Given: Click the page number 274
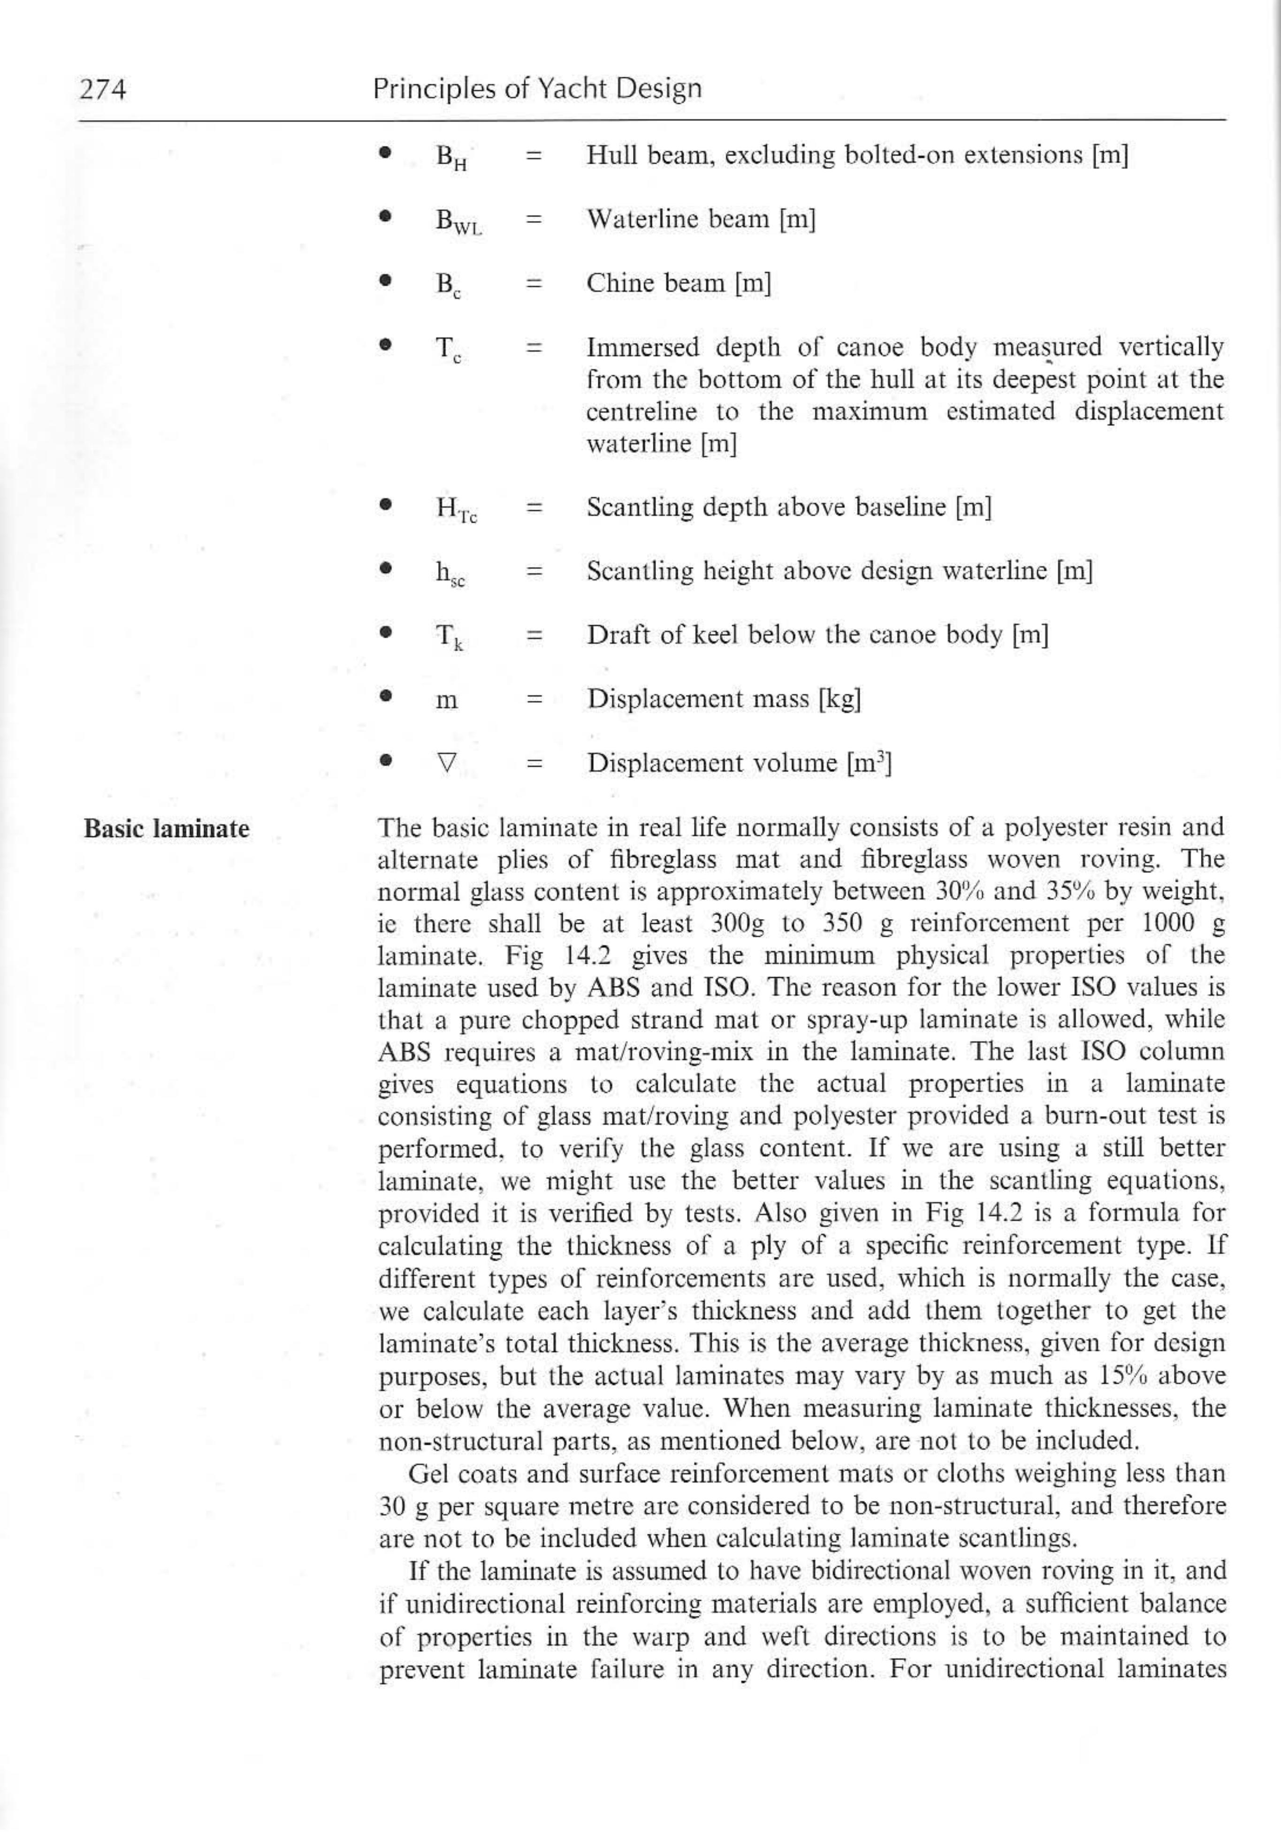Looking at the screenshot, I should pyautogui.click(x=103, y=89).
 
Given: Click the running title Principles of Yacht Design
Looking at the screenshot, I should pyautogui.click(x=537, y=89).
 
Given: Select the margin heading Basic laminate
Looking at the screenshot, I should pyautogui.click(x=167, y=829).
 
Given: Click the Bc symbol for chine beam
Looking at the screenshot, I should pyautogui.click(x=448, y=285).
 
